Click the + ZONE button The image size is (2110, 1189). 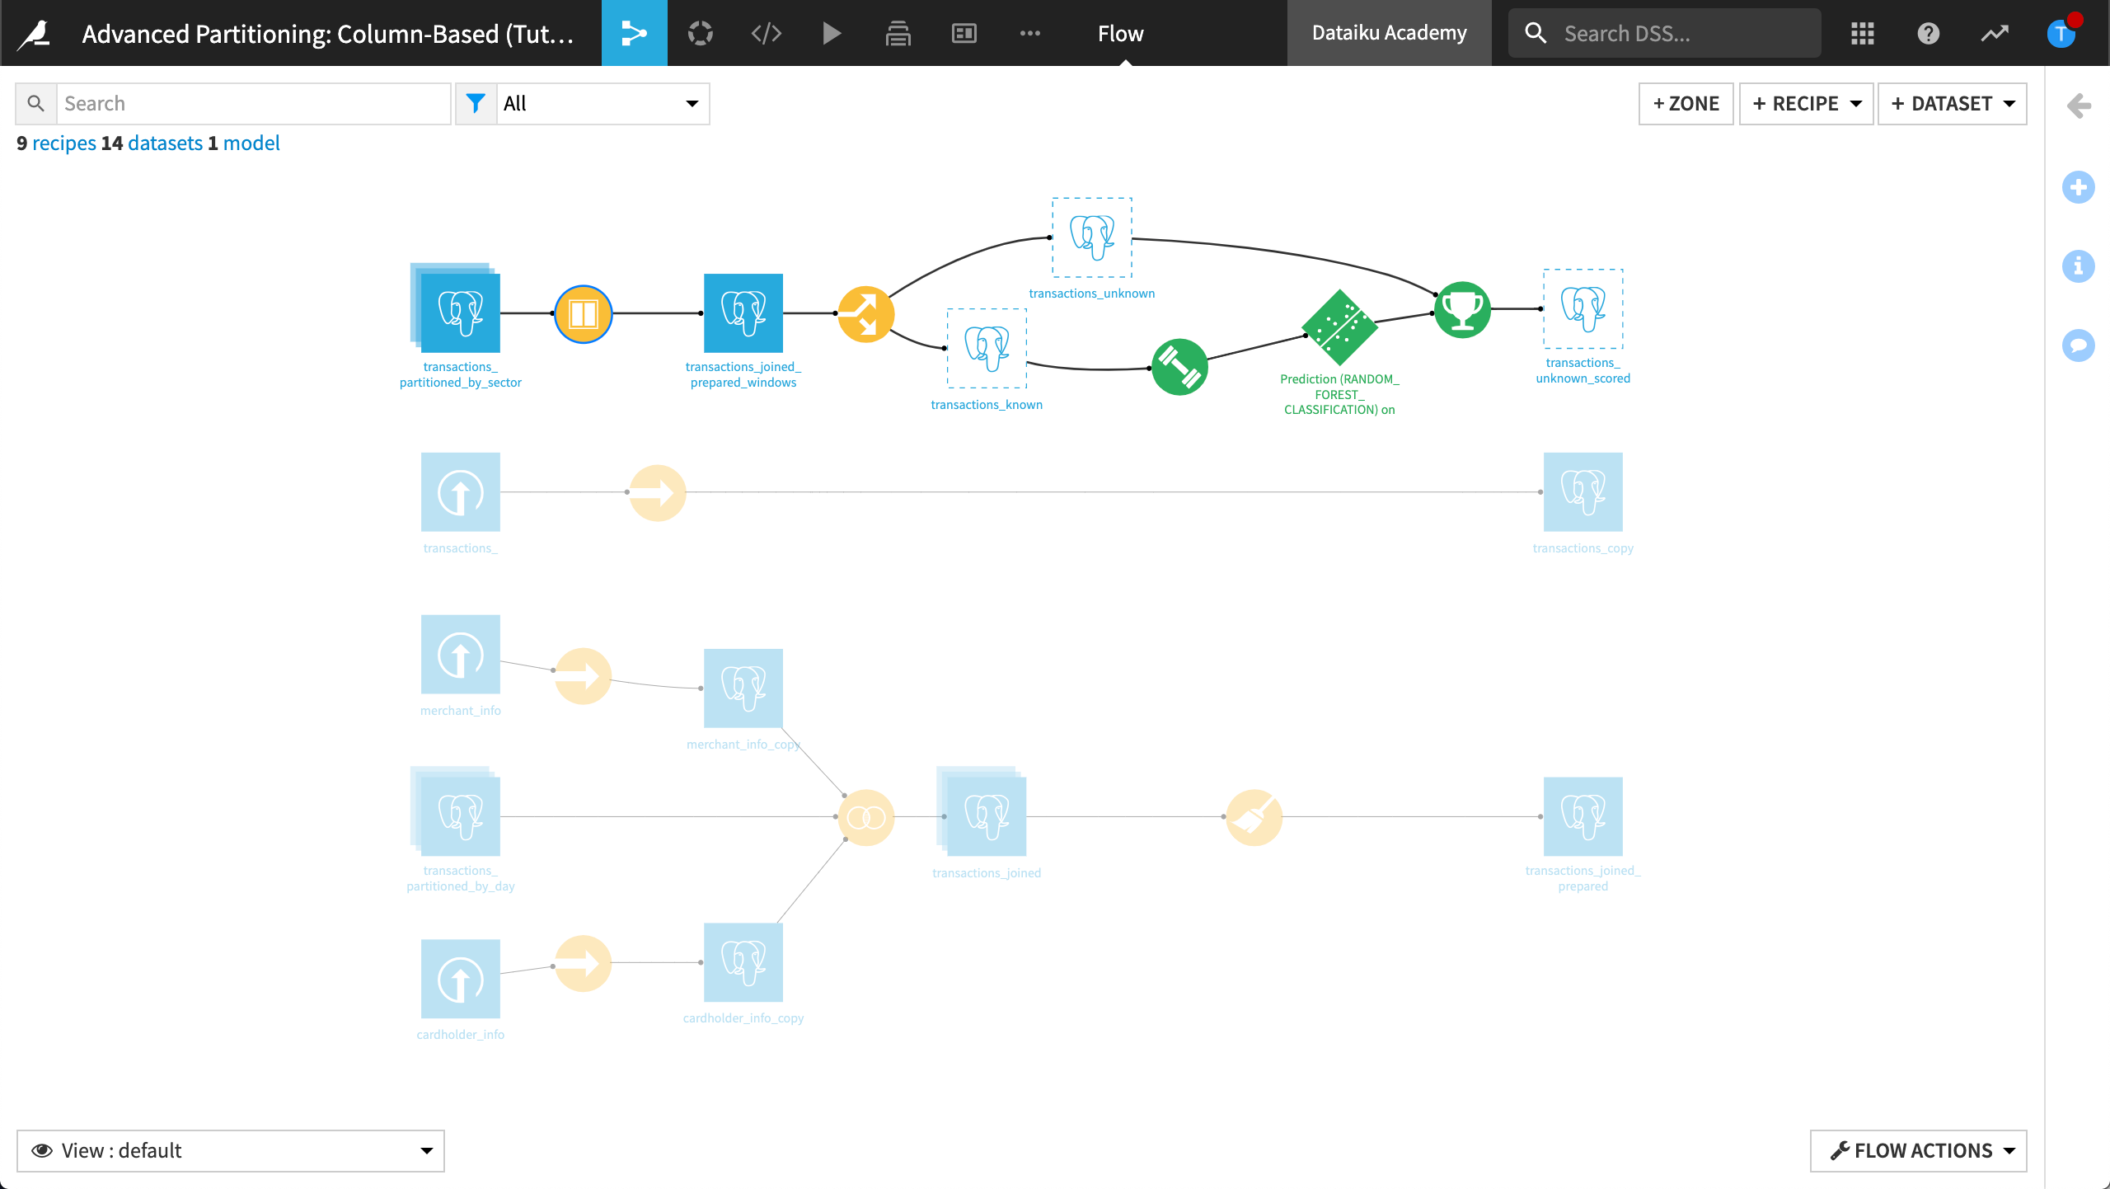[1686, 104]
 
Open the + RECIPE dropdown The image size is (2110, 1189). [1806, 104]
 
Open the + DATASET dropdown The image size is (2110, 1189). [1952, 104]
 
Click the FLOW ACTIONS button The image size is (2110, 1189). [1918, 1150]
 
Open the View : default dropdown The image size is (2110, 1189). [231, 1150]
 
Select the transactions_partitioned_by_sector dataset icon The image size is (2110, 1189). [460, 313]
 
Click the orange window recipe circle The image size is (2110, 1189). [584, 314]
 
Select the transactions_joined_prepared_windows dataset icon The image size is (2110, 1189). [743, 313]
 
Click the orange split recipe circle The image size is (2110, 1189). [865, 314]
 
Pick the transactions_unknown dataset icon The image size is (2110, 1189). [1092, 237]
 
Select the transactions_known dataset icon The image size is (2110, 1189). [987, 348]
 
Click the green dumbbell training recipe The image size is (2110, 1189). [1179, 367]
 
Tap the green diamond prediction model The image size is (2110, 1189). [1339, 327]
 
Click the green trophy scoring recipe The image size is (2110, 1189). [1463, 310]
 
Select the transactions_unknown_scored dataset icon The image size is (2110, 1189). [1582, 309]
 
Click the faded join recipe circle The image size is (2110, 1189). [866, 817]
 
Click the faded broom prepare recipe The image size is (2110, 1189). [1254, 817]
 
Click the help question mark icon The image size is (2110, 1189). [1928, 34]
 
